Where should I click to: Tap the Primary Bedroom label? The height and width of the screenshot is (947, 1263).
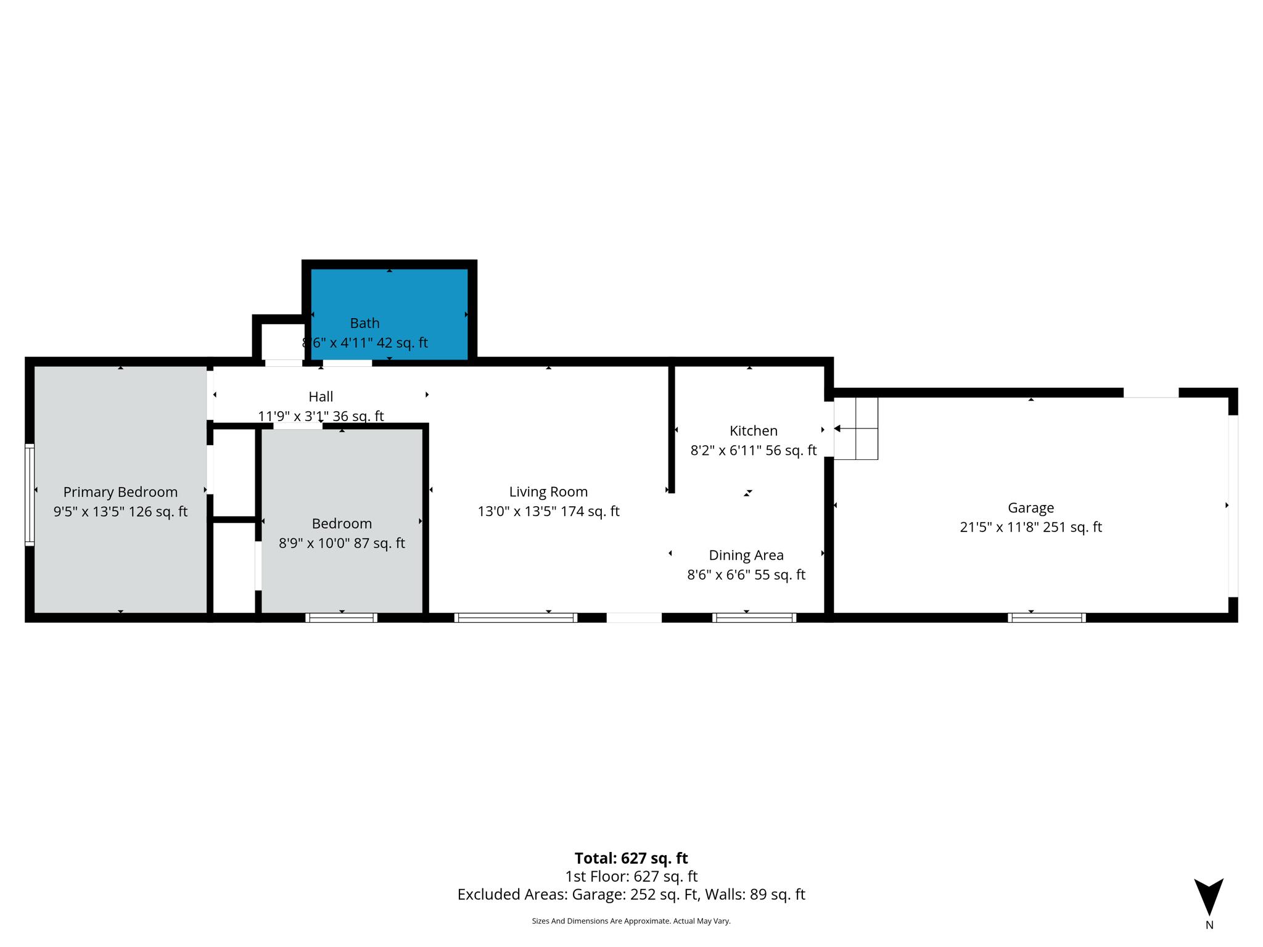pyautogui.click(x=120, y=492)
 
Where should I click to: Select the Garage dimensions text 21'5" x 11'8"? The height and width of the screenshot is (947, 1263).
pyautogui.click(x=1031, y=527)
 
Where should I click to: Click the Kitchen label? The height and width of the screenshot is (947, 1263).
pyautogui.click(x=753, y=431)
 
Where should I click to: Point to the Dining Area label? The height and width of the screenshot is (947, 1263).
pyautogui.click(x=746, y=555)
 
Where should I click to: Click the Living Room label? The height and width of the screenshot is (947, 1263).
pyautogui.click(x=548, y=492)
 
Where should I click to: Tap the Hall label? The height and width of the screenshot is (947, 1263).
pyautogui.click(x=321, y=397)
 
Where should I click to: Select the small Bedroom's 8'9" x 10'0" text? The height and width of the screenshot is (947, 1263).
pyautogui.click(x=342, y=543)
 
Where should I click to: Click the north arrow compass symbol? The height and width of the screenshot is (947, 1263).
pyautogui.click(x=1209, y=898)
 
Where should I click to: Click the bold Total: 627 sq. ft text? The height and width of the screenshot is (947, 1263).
pyautogui.click(x=631, y=858)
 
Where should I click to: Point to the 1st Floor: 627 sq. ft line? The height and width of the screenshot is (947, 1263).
pyautogui.click(x=631, y=876)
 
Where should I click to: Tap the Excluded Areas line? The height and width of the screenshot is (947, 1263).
pyautogui.click(x=631, y=895)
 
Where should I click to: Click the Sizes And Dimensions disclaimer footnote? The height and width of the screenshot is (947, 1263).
pyautogui.click(x=631, y=921)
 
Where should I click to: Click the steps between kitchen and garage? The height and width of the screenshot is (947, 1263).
pyautogui.click(x=856, y=428)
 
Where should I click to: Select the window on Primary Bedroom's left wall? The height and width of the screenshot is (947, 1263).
pyautogui.click(x=29, y=494)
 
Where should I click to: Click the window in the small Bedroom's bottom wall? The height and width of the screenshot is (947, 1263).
pyautogui.click(x=341, y=617)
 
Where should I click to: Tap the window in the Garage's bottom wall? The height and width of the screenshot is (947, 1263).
pyautogui.click(x=1047, y=617)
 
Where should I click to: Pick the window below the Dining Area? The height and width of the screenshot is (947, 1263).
pyautogui.click(x=754, y=617)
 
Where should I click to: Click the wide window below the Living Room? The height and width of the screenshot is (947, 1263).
pyautogui.click(x=516, y=617)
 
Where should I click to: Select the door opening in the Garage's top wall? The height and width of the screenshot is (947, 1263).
pyautogui.click(x=1150, y=393)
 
